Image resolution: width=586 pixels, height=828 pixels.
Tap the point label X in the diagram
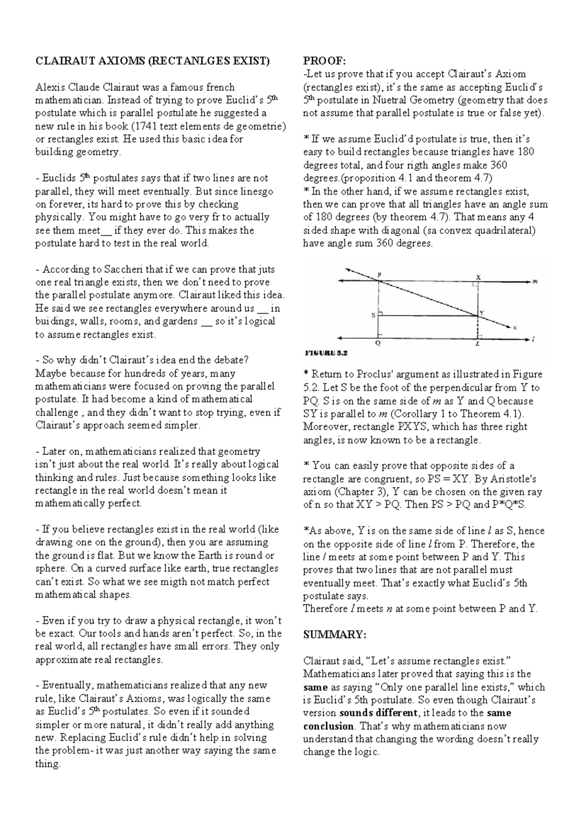478,277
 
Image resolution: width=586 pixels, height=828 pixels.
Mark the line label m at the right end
536,281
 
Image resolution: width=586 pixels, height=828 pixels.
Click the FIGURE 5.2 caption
326,353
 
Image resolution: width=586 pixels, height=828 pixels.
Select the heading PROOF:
324,61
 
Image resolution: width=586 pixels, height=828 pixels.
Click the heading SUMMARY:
335,635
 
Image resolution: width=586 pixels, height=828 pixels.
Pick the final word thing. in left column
48,764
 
